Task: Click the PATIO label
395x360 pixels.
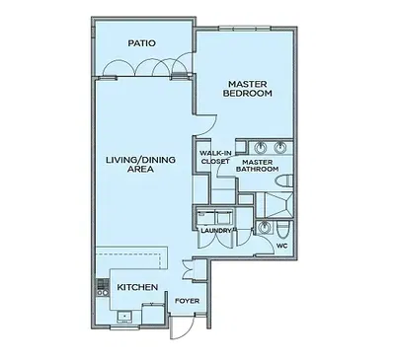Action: coord(141,43)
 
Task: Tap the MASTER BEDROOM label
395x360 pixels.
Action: coord(248,89)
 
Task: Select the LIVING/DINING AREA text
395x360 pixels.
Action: coord(140,165)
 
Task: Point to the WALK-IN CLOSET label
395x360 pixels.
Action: coord(215,157)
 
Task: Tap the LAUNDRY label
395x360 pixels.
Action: coord(216,231)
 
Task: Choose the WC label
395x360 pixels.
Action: coord(281,246)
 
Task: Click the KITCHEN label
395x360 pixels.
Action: coord(137,287)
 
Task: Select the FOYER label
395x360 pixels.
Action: coord(187,301)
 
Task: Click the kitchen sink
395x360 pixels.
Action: coord(125,317)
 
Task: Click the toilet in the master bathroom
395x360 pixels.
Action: coord(283,181)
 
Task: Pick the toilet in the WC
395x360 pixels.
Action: coord(283,230)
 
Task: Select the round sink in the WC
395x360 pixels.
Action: coord(264,227)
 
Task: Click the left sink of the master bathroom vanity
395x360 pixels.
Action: coord(262,147)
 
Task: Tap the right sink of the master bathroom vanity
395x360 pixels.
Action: coord(280,147)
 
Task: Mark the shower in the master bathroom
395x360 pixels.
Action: coord(275,205)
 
